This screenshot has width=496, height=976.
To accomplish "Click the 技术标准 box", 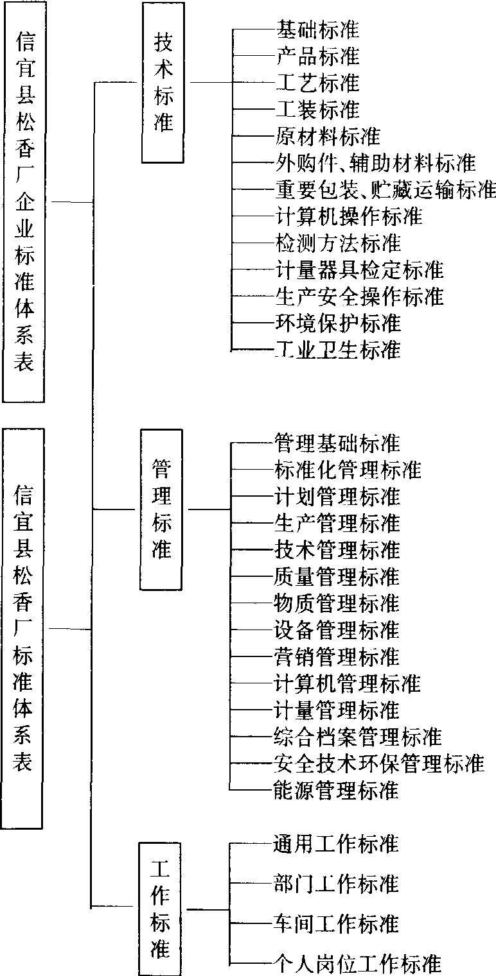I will [164, 83].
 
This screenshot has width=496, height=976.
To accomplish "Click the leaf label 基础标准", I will [317, 30].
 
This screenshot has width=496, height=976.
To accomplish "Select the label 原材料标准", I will [328, 136].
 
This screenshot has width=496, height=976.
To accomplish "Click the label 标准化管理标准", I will [348, 470].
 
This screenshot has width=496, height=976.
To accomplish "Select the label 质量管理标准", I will [337, 576].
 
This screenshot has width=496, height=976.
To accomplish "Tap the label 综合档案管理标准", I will [358, 736].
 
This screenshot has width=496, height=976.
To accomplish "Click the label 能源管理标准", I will [337, 789].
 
